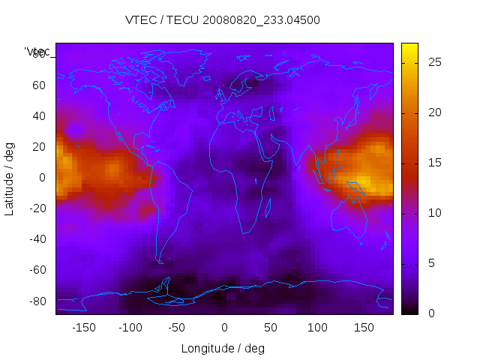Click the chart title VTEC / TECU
(x=223, y=20)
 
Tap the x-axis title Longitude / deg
(x=223, y=349)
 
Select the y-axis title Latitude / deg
(x=10, y=178)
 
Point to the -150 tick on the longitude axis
(x=84, y=328)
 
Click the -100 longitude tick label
(x=130, y=328)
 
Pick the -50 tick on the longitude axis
(x=177, y=328)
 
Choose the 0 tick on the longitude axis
(x=224, y=328)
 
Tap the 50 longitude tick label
(x=271, y=328)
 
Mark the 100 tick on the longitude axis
(x=317, y=328)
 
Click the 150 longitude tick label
(x=364, y=328)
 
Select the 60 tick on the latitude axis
(x=39, y=85)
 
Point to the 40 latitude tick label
(x=39, y=116)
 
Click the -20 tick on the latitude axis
(x=37, y=208)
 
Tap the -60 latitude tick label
(x=37, y=270)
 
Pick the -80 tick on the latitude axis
(x=37, y=301)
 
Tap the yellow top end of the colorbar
(x=409, y=47)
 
